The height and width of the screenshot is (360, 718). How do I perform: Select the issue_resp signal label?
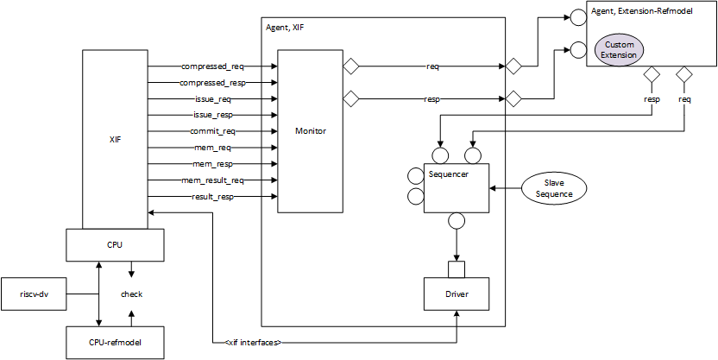[212, 115]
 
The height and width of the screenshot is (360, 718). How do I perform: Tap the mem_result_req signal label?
[211, 180]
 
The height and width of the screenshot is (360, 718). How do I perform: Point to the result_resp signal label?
[212, 197]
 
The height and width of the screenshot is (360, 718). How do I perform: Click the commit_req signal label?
[212, 131]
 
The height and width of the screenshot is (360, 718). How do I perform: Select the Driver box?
[456, 294]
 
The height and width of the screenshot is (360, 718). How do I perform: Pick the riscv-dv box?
[35, 294]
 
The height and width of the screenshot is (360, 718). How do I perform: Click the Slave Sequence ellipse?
[553, 188]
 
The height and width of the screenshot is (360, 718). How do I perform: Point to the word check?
[131, 294]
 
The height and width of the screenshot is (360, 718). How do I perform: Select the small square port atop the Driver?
[456, 269]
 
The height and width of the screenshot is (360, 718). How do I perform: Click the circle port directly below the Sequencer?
[456, 222]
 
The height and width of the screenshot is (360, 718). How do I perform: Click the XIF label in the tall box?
[115, 139]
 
